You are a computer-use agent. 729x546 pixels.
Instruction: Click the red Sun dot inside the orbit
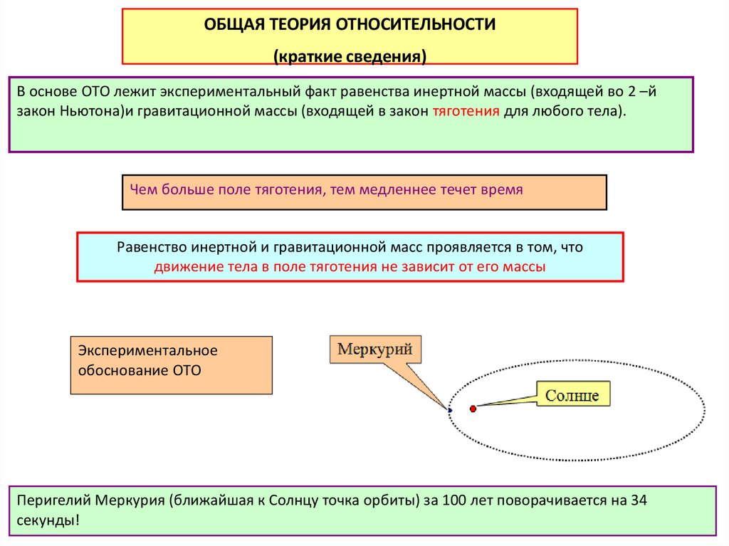click(473, 409)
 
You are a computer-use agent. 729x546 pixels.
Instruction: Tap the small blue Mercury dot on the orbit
click(450, 410)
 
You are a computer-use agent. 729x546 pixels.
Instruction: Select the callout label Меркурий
click(374, 350)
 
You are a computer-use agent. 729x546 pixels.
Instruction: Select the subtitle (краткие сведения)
click(350, 56)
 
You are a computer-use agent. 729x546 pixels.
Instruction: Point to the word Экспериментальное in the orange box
click(147, 351)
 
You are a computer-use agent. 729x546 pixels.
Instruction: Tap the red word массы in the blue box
click(526, 268)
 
